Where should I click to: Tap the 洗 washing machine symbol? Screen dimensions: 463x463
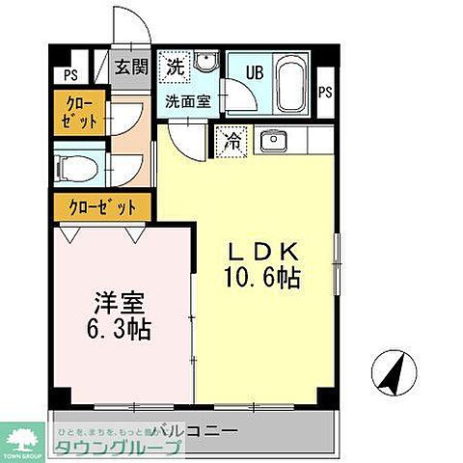176,67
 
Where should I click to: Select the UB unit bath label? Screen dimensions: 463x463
252,72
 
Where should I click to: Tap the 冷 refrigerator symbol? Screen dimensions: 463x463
231,141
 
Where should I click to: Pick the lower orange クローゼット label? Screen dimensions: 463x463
102,206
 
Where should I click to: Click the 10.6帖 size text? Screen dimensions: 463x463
263,279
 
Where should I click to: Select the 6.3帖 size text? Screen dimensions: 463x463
116,329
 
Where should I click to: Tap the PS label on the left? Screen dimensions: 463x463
69,74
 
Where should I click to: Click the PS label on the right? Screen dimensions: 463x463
325,93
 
